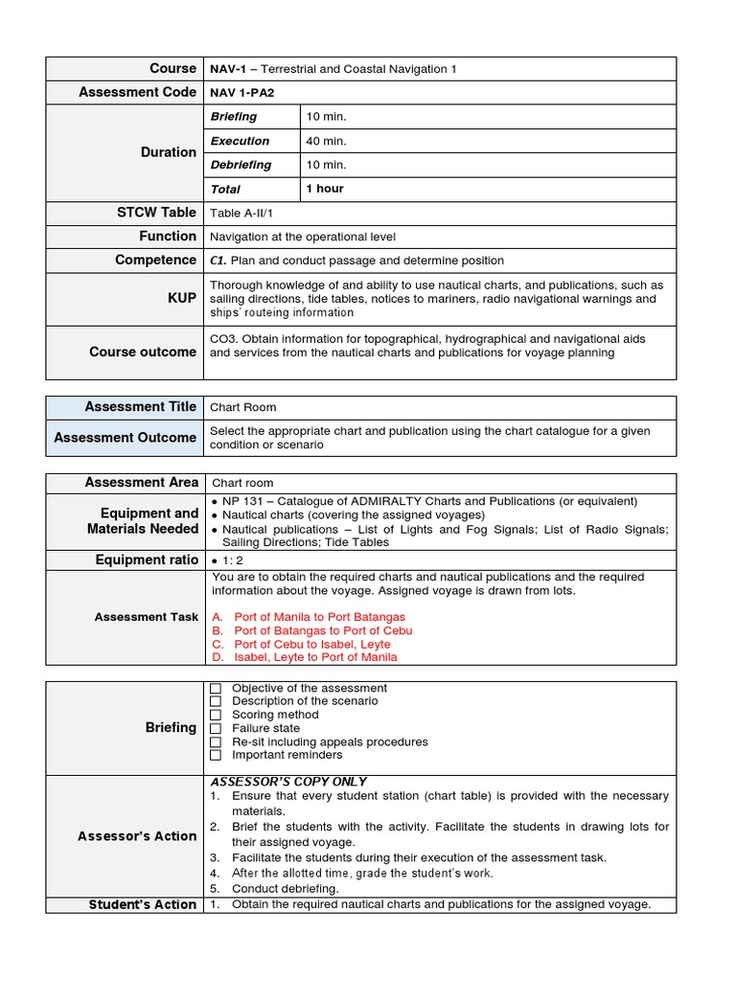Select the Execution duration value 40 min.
pos(326,141)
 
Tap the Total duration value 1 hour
pos(325,189)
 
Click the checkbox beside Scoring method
pos(216,715)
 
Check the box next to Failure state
pos(216,728)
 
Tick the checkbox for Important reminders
pos(216,755)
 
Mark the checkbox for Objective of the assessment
pos(216,688)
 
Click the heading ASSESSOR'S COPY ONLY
pos(287,782)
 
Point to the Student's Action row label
pos(142,904)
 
